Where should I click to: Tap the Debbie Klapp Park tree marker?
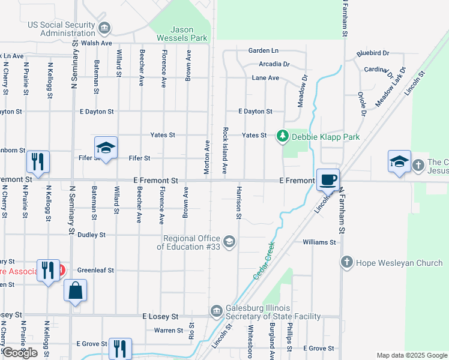tap(282, 137)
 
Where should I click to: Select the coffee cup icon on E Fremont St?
tap(328, 180)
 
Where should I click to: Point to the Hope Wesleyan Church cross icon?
tap(346, 262)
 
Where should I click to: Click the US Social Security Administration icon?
tap(105, 28)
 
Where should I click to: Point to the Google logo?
tap(20, 353)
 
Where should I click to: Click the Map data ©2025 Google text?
tap(412, 355)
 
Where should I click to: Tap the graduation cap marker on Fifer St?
tap(106, 148)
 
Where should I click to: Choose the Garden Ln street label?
tap(264, 50)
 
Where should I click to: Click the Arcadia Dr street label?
tap(274, 64)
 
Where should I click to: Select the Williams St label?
tap(319, 242)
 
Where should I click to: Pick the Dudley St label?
tap(91, 235)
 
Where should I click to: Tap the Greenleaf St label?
tap(95, 271)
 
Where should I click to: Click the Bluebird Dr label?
tap(372, 53)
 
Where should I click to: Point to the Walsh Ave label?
tap(97, 43)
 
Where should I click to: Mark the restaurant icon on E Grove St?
tap(120, 348)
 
